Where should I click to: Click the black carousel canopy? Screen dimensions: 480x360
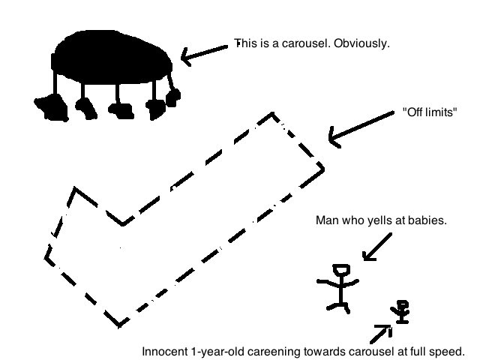(x=112, y=58)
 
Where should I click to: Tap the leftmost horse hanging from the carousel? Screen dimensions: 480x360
(x=52, y=107)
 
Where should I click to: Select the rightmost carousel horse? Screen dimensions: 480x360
(x=173, y=97)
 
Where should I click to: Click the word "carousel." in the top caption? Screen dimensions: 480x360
(x=306, y=43)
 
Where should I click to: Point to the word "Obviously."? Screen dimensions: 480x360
(x=361, y=43)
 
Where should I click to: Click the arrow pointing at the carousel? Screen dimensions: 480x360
(x=205, y=55)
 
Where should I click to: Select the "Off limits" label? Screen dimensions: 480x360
(x=430, y=112)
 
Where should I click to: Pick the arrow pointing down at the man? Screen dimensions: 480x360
(x=377, y=247)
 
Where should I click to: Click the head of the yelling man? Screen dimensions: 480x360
(x=341, y=270)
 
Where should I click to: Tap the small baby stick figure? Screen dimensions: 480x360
(x=400, y=312)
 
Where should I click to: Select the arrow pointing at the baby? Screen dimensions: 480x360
(x=381, y=334)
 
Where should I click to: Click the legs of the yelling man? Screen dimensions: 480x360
(x=338, y=306)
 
